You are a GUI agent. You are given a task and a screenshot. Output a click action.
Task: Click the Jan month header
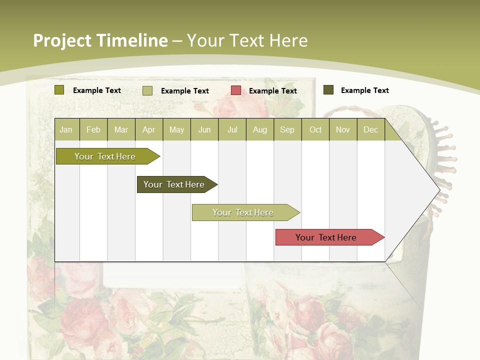pos(66,129)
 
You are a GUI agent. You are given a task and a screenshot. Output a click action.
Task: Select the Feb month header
pos(93,129)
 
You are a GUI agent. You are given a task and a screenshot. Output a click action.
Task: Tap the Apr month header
pos(148,129)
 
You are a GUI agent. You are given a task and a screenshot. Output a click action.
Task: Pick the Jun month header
pos(204,129)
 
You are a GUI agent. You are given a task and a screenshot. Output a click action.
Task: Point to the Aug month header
pos(259,129)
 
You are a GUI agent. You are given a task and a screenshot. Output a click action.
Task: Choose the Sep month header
pos(287,129)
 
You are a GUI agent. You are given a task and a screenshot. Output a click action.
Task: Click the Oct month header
pos(315,129)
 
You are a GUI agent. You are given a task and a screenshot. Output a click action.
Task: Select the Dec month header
pos(370,129)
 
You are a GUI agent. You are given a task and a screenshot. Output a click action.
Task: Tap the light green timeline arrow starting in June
pos(243,212)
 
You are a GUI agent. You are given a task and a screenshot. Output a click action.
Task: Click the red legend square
pos(236,90)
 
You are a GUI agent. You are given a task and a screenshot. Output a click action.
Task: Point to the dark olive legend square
pos(328,90)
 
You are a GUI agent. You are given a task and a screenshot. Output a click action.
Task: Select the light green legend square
pos(147,90)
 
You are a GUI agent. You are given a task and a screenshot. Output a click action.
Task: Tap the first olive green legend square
pos(59,90)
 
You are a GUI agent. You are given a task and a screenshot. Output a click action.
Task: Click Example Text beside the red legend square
pos(272,91)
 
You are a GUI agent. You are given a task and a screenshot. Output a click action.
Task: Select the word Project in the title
pos(62,40)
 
